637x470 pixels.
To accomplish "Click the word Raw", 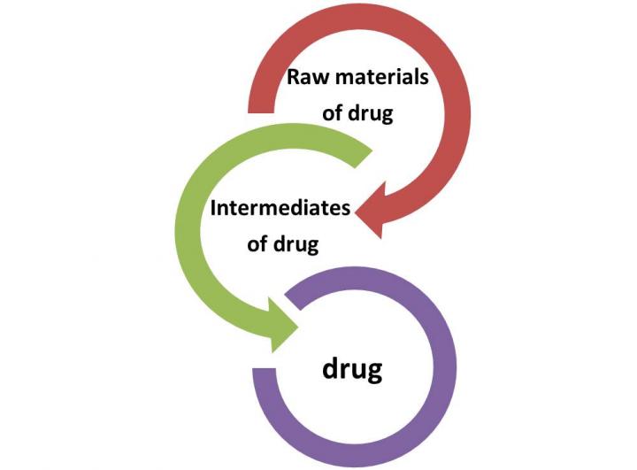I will point(305,77).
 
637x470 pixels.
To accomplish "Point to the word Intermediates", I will point(280,209).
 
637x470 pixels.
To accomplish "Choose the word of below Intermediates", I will point(258,244).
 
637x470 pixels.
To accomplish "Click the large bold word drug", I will point(351,366).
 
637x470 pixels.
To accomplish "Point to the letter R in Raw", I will point(293,77).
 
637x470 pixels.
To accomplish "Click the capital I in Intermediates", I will point(213,209).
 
